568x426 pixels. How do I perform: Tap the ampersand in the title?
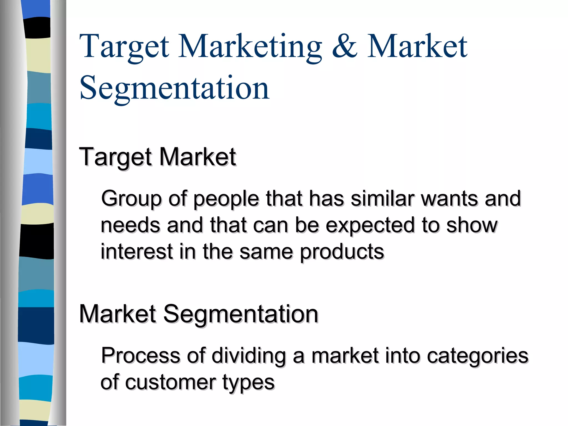344,47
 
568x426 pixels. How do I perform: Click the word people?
226,199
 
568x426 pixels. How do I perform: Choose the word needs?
130,225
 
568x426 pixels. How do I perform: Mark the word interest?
137,252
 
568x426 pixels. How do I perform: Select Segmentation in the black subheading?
241,315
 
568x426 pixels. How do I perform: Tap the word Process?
140,356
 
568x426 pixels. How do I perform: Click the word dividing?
249,356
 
